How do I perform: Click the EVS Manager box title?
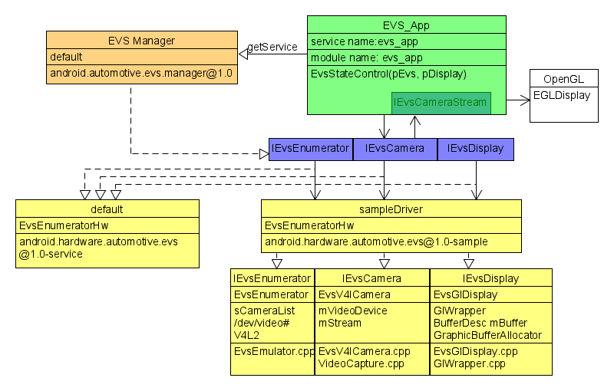click(x=142, y=41)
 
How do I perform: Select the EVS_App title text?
click(x=406, y=25)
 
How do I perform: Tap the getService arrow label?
click(x=272, y=48)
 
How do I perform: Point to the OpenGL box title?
click(x=563, y=79)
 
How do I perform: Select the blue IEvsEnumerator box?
click(x=310, y=149)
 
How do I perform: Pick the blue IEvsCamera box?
click(x=394, y=149)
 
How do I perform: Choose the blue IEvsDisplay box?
click(x=475, y=149)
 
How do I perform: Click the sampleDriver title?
click(x=391, y=209)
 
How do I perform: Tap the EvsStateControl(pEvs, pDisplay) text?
click(x=388, y=74)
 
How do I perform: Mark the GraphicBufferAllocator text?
click(x=487, y=334)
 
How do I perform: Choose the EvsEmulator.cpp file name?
click(x=273, y=351)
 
